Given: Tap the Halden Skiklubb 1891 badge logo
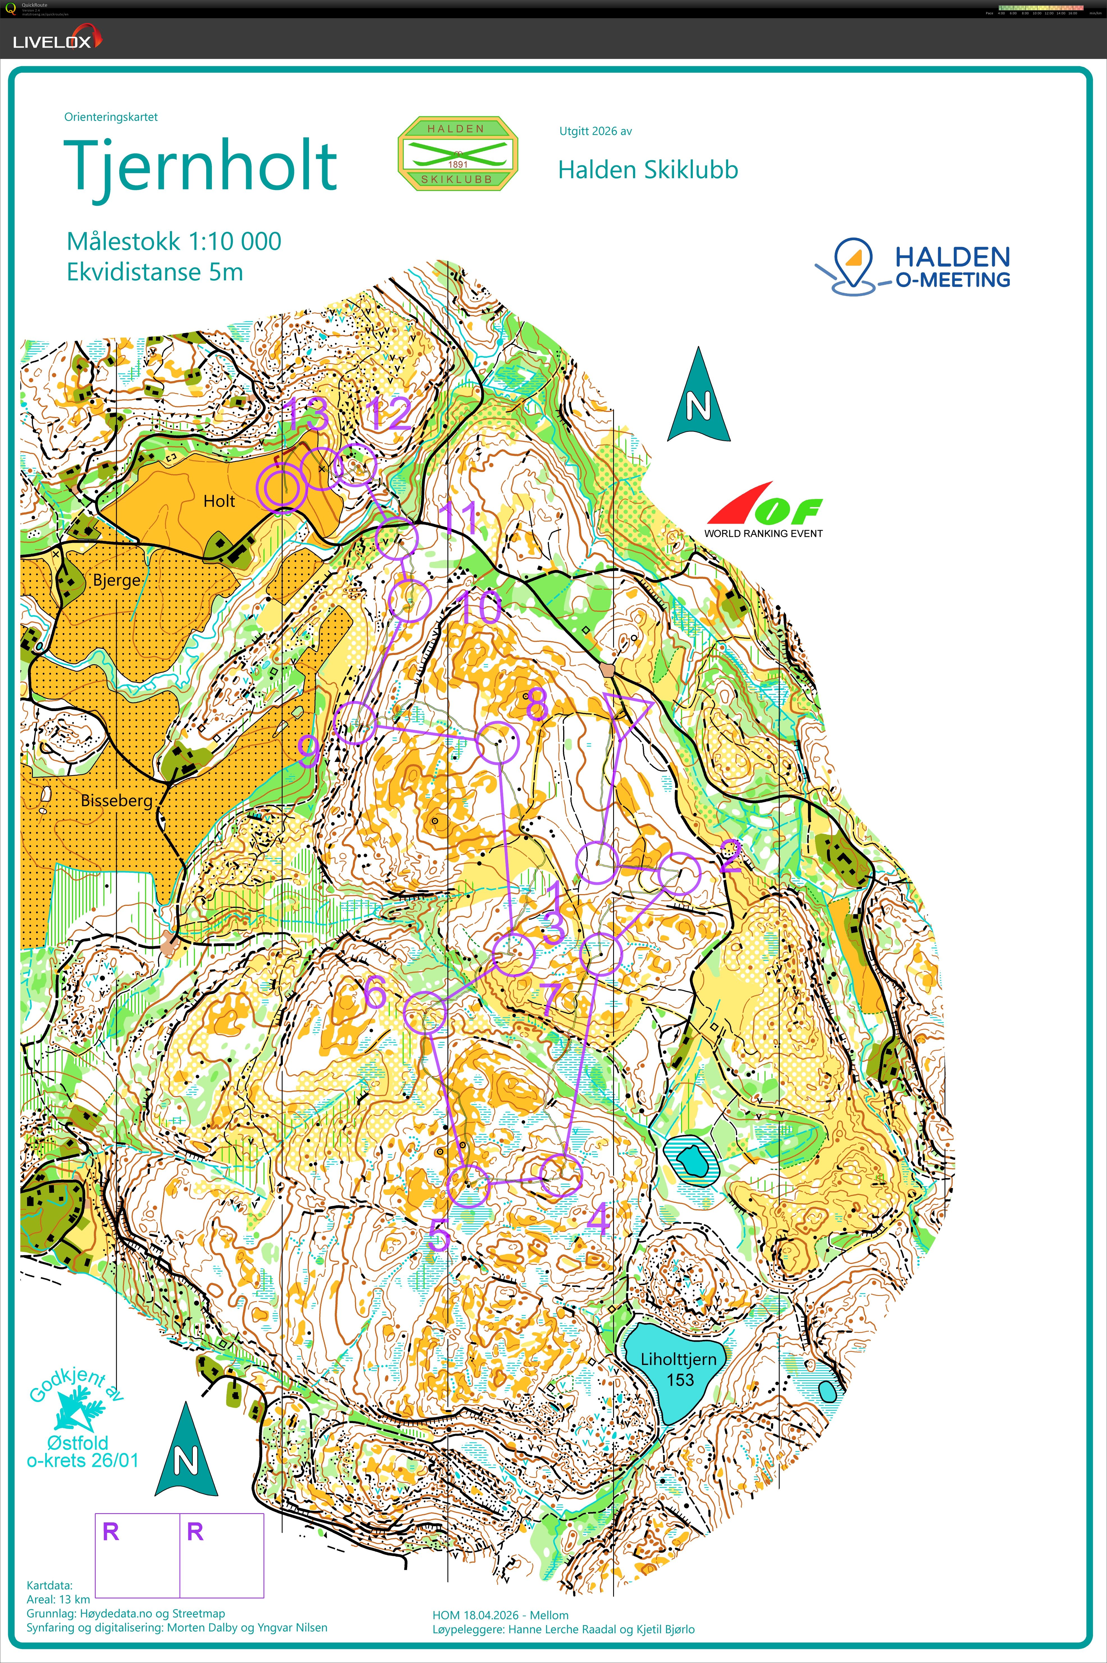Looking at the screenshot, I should [457, 153].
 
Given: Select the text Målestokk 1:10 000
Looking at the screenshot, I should [174, 241].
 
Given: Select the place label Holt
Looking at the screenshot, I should [219, 501].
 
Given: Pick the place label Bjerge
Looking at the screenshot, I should [116, 580].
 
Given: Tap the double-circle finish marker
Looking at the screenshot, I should [282, 487].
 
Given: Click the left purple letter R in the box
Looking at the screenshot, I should [111, 1532].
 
